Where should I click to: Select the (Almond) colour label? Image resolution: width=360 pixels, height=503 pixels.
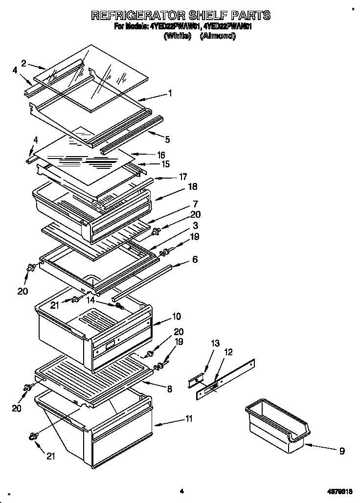[x=218, y=36]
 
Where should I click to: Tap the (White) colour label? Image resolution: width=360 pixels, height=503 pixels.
[x=177, y=36]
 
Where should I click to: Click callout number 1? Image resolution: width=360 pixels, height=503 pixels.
[x=170, y=92]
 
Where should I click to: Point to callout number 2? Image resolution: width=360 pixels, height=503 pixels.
[x=23, y=62]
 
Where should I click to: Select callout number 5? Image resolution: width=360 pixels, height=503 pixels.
[x=167, y=139]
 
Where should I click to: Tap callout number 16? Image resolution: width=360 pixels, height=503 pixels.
[x=161, y=155]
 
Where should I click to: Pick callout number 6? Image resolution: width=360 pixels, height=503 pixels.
[x=195, y=260]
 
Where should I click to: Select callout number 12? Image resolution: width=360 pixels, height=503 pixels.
[x=228, y=351]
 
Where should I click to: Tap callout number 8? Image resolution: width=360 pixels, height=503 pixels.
[x=169, y=389]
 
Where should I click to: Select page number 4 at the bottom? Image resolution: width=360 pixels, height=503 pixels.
[x=181, y=491]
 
